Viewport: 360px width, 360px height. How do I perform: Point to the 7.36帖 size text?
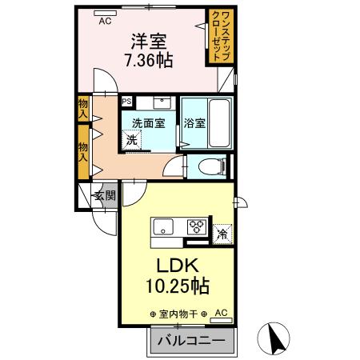click(148, 60)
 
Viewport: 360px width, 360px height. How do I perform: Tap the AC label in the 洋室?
click(104, 22)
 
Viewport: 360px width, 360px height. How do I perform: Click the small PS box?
click(126, 102)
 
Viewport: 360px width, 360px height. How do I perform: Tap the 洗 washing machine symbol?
click(130, 139)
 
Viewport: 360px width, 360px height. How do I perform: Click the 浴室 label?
click(194, 123)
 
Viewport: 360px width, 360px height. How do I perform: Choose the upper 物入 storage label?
click(82, 107)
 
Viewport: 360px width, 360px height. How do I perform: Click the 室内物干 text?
click(178, 313)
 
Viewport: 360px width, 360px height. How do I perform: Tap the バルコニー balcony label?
click(190, 340)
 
